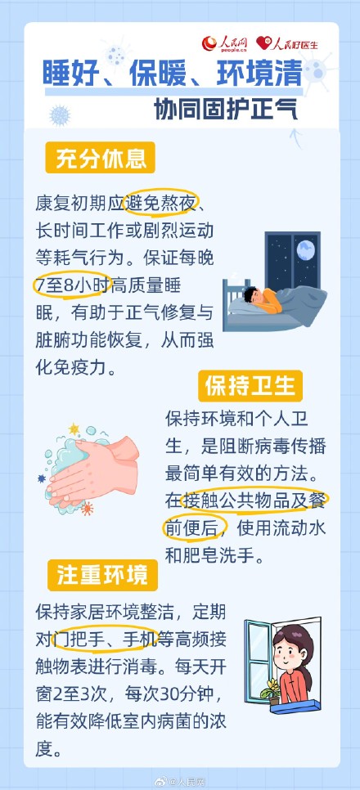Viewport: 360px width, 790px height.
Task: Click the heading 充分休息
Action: (x=101, y=158)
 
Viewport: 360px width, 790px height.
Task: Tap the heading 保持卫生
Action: (x=250, y=384)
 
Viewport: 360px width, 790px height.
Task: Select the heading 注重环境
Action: (x=102, y=574)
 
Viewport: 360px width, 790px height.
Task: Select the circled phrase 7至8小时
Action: (x=70, y=284)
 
